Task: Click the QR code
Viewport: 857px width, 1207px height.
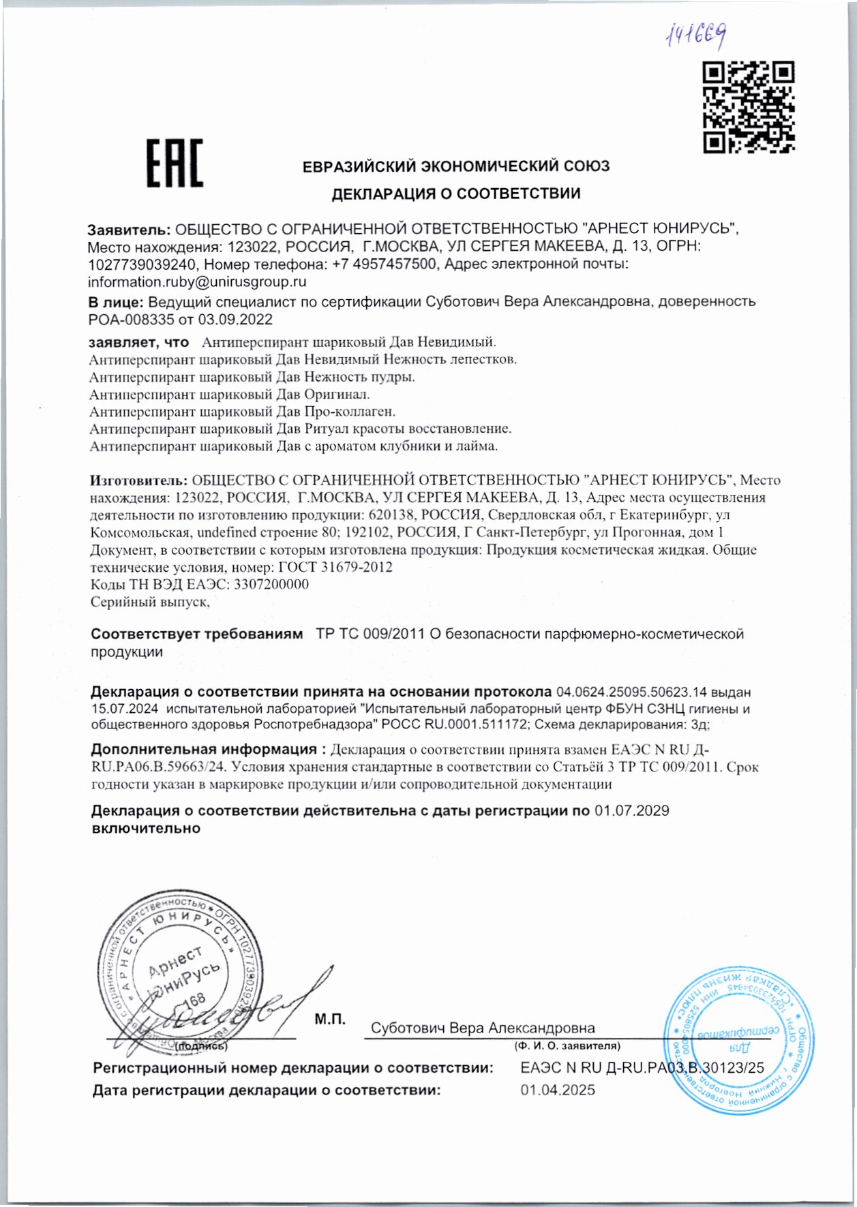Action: (x=749, y=107)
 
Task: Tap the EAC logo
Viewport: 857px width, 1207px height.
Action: (x=175, y=163)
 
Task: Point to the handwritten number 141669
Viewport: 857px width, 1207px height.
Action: (x=695, y=33)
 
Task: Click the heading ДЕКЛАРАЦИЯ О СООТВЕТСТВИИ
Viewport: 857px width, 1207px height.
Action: (x=456, y=194)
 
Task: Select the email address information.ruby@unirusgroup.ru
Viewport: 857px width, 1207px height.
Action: (x=197, y=281)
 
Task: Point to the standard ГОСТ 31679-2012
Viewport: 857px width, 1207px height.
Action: (x=335, y=566)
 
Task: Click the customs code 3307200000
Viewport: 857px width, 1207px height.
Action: (x=271, y=584)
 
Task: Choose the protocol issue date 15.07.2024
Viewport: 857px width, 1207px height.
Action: (x=125, y=709)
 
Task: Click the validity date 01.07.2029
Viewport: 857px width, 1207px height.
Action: (x=631, y=810)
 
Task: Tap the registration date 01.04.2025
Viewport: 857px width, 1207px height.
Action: (x=558, y=1090)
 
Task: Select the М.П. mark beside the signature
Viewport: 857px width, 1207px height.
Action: (x=330, y=1019)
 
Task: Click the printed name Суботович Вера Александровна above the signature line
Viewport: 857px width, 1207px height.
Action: (x=483, y=1028)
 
